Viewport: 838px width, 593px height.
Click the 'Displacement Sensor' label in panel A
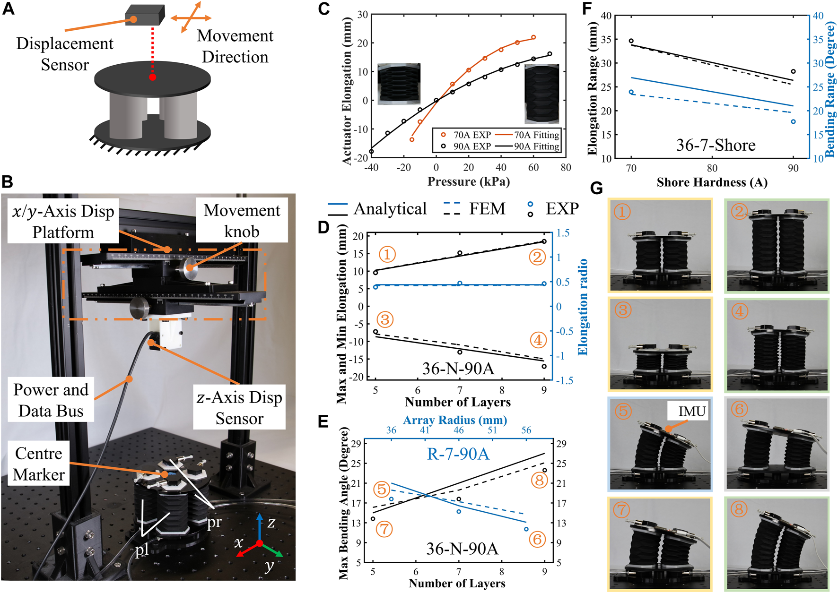pos(65,54)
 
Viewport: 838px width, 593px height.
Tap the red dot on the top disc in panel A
pos(152,77)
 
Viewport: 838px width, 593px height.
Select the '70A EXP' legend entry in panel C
pos(466,135)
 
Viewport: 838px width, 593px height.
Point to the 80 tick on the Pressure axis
pos(566,167)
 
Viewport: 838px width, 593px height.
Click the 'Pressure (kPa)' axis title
pos(469,182)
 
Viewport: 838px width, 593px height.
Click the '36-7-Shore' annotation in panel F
pos(716,145)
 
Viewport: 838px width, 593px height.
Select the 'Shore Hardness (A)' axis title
pos(712,182)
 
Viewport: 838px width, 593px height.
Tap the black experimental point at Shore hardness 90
pos(793,72)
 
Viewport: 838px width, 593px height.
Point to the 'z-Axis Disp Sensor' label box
pos(239,407)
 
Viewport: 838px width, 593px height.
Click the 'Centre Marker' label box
pos(39,464)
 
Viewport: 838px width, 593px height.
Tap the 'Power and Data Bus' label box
pos(51,400)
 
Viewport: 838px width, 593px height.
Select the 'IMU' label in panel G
pos(691,412)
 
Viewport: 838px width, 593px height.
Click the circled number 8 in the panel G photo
pos(738,509)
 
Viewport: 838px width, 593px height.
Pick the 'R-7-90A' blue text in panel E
pos(458,454)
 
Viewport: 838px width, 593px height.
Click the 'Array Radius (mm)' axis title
pos(455,420)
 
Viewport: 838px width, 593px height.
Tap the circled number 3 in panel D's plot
pos(385,320)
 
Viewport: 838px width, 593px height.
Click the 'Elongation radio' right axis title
pos(583,307)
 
